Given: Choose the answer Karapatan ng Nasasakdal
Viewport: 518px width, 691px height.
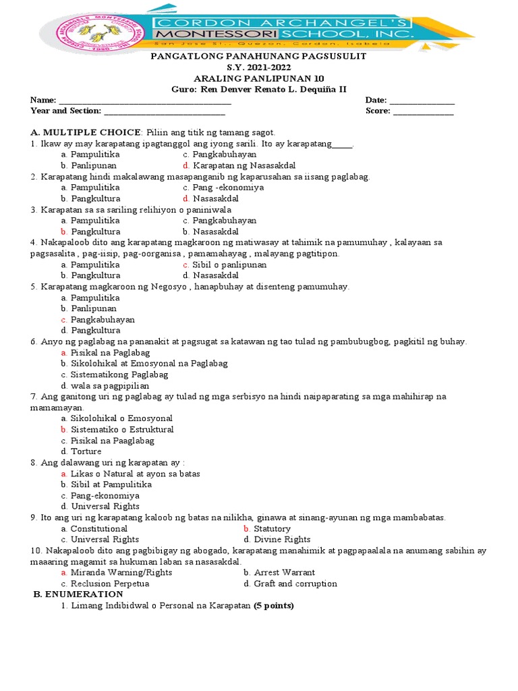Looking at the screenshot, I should [x=243, y=165].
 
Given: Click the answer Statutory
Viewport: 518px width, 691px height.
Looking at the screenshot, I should [x=272, y=528].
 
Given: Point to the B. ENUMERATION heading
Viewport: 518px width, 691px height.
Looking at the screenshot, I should [x=78, y=594].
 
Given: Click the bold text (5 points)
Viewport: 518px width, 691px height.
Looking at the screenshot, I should [x=274, y=605].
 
